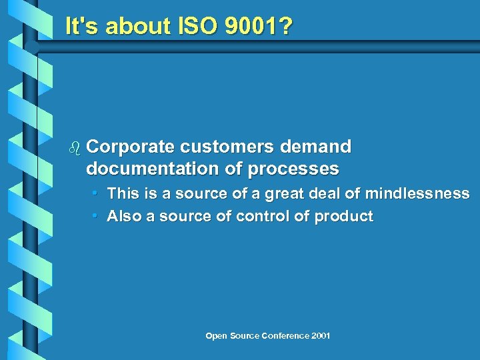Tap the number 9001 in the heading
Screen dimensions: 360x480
[257, 27]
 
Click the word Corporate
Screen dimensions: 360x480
[130, 147]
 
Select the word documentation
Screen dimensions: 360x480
[151, 169]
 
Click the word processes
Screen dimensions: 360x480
[293, 169]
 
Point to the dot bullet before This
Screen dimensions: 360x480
[96, 193]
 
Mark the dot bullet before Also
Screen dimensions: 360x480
[96, 216]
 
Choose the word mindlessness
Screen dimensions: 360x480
[420, 193]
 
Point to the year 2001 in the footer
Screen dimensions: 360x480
[321, 335]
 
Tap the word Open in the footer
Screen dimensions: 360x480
[216, 335]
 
